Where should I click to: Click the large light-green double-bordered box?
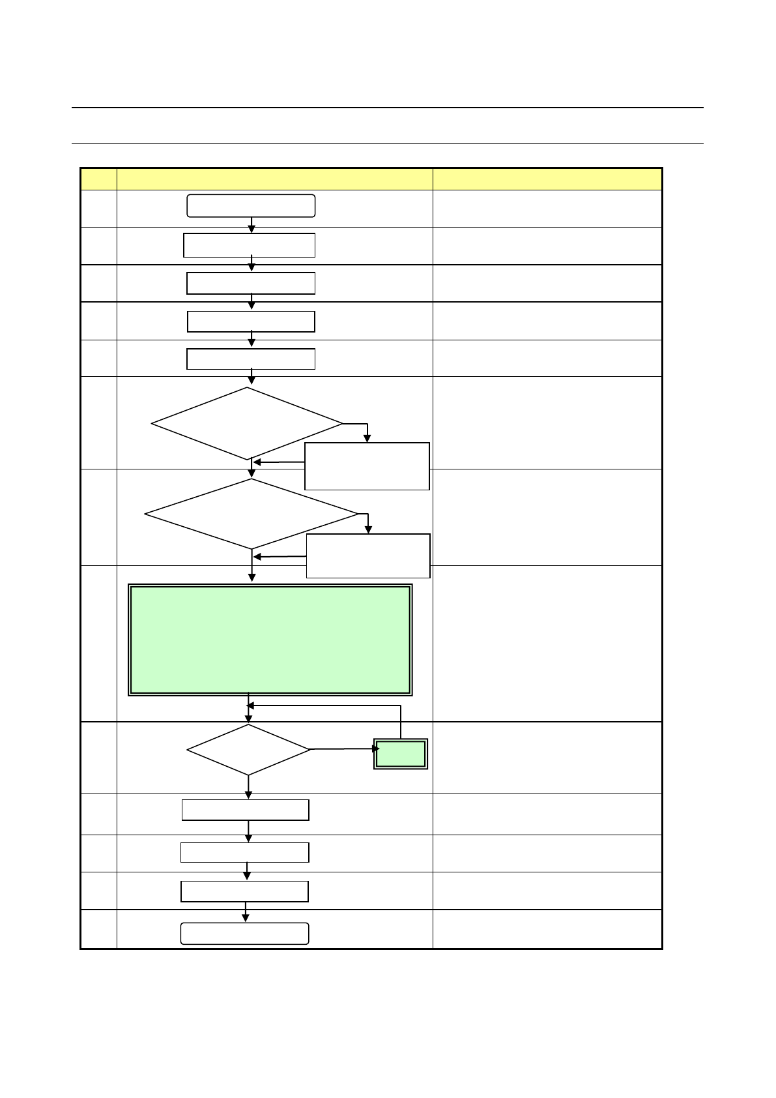[x=270, y=640]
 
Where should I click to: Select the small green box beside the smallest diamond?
[x=401, y=754]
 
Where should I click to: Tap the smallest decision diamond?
[x=248, y=750]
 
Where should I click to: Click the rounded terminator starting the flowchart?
[x=251, y=205]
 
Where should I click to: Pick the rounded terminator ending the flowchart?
[x=244, y=933]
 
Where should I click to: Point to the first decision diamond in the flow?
[x=247, y=424]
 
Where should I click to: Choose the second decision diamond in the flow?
[x=251, y=514]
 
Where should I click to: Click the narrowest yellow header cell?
[x=98, y=179]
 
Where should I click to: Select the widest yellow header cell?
[x=274, y=179]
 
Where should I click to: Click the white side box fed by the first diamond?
[x=367, y=466]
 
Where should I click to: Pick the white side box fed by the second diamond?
[x=368, y=556]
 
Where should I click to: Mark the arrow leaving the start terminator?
[x=251, y=224]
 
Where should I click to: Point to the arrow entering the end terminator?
[x=246, y=913]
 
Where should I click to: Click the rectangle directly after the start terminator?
[x=250, y=245]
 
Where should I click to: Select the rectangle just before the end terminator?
[x=244, y=891]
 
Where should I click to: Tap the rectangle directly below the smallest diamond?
[x=245, y=810]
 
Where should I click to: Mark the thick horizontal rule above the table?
[x=388, y=108]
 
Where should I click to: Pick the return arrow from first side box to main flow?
[x=279, y=462]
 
